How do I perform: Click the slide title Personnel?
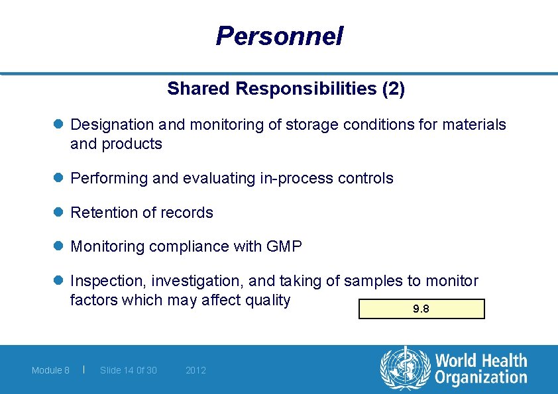[279, 36]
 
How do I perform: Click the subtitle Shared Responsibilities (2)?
[286, 89]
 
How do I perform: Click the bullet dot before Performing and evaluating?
[58, 178]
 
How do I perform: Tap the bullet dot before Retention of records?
[58, 213]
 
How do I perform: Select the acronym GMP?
[284, 247]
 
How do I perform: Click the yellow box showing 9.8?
[421, 309]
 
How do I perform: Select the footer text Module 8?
[50, 370]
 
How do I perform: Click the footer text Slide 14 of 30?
[128, 370]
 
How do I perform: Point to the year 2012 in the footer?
[195, 370]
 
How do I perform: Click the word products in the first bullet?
[139, 144]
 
